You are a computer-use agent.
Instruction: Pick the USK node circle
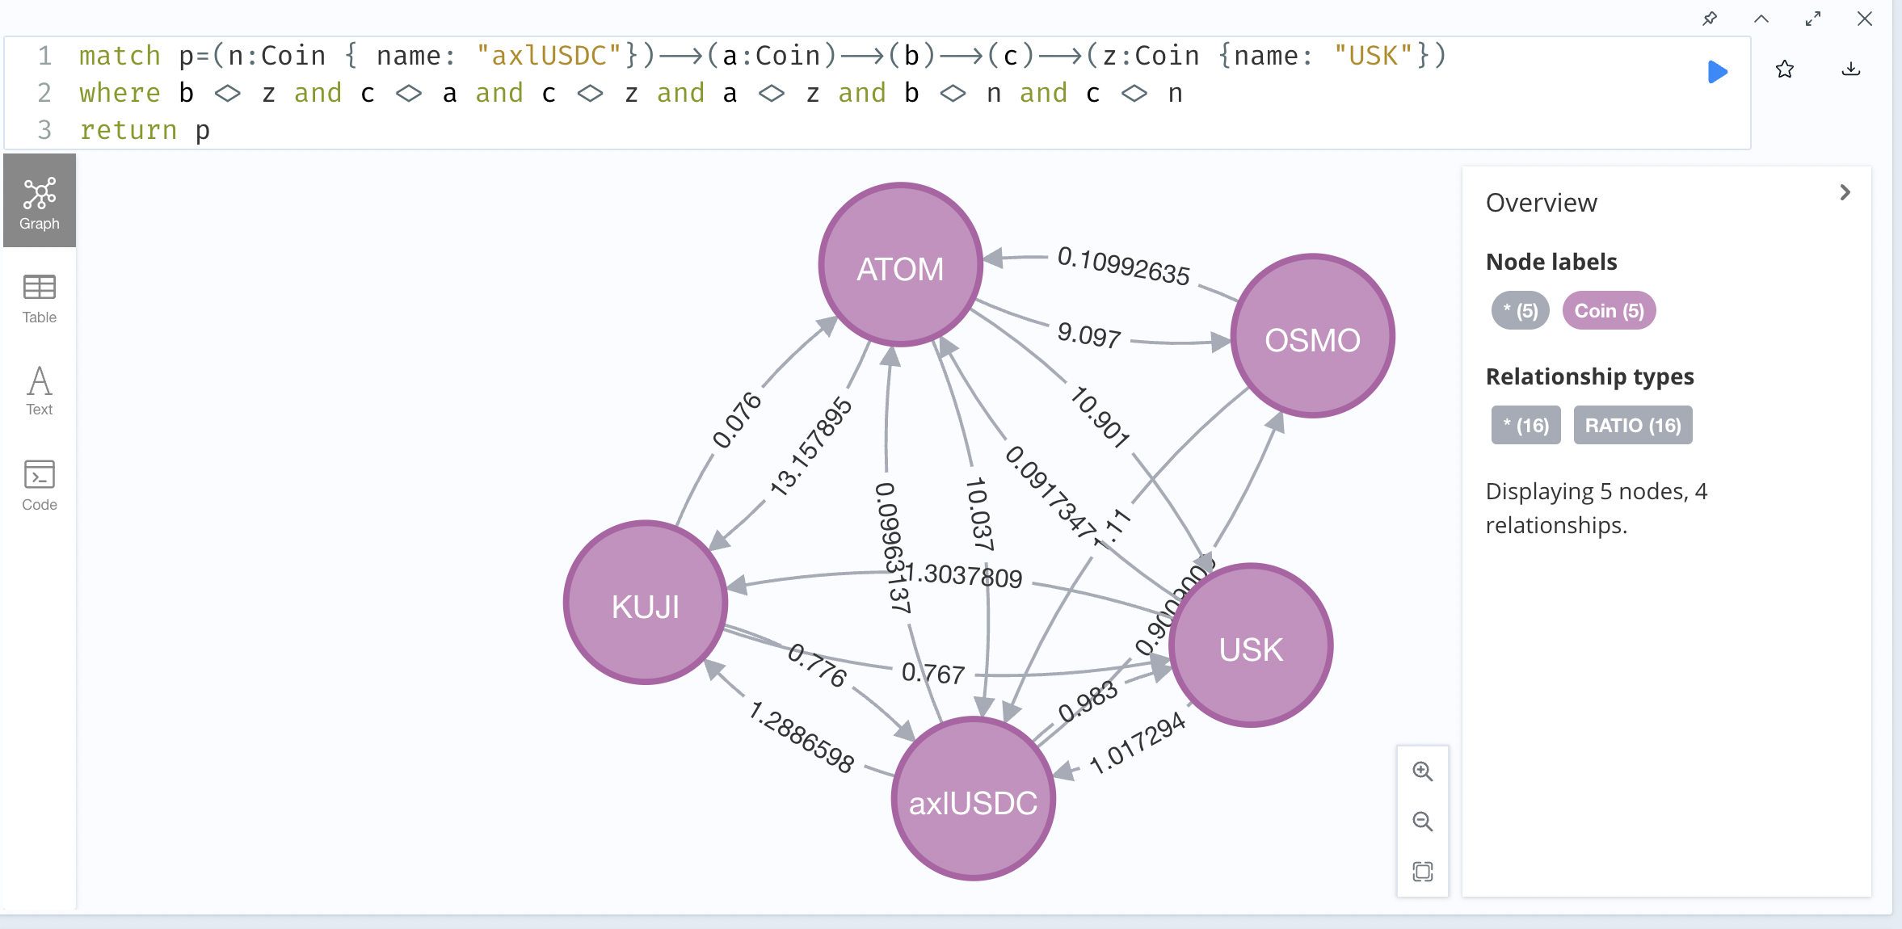point(1250,645)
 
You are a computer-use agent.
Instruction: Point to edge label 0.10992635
point(1123,267)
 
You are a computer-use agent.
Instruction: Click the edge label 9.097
point(1088,334)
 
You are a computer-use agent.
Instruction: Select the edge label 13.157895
point(810,446)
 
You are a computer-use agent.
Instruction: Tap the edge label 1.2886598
point(801,738)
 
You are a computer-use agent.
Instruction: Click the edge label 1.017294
point(1137,743)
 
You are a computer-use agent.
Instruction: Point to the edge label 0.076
point(736,420)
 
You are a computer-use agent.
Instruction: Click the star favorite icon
point(1785,70)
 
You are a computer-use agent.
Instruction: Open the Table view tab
point(39,298)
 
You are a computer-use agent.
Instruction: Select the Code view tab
point(39,486)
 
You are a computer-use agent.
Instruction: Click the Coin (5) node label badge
point(1609,311)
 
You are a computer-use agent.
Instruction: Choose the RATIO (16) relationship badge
point(1632,426)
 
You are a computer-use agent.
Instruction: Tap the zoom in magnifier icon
point(1422,771)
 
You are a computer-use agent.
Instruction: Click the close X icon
point(1865,19)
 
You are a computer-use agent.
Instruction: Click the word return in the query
point(128,130)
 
